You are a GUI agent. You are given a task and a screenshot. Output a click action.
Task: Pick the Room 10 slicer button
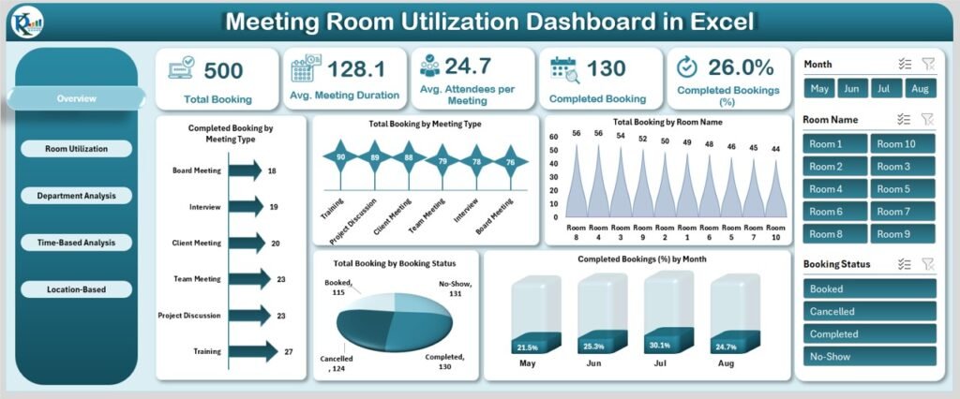pyautogui.click(x=903, y=143)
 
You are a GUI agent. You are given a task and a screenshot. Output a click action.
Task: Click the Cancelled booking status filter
pyautogui.click(x=869, y=311)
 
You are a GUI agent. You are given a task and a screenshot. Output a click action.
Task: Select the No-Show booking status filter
pyautogui.click(x=869, y=356)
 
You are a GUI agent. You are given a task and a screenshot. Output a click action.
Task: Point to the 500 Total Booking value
pyautogui.click(x=223, y=70)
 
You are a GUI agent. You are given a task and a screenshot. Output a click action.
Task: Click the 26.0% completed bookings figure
pyautogui.click(x=742, y=67)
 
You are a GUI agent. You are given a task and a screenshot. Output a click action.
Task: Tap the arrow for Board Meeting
pyautogui.click(x=243, y=170)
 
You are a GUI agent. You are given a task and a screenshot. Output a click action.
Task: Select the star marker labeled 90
pyautogui.click(x=340, y=157)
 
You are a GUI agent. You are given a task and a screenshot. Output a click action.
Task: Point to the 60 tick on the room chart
pyautogui.click(x=554, y=137)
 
